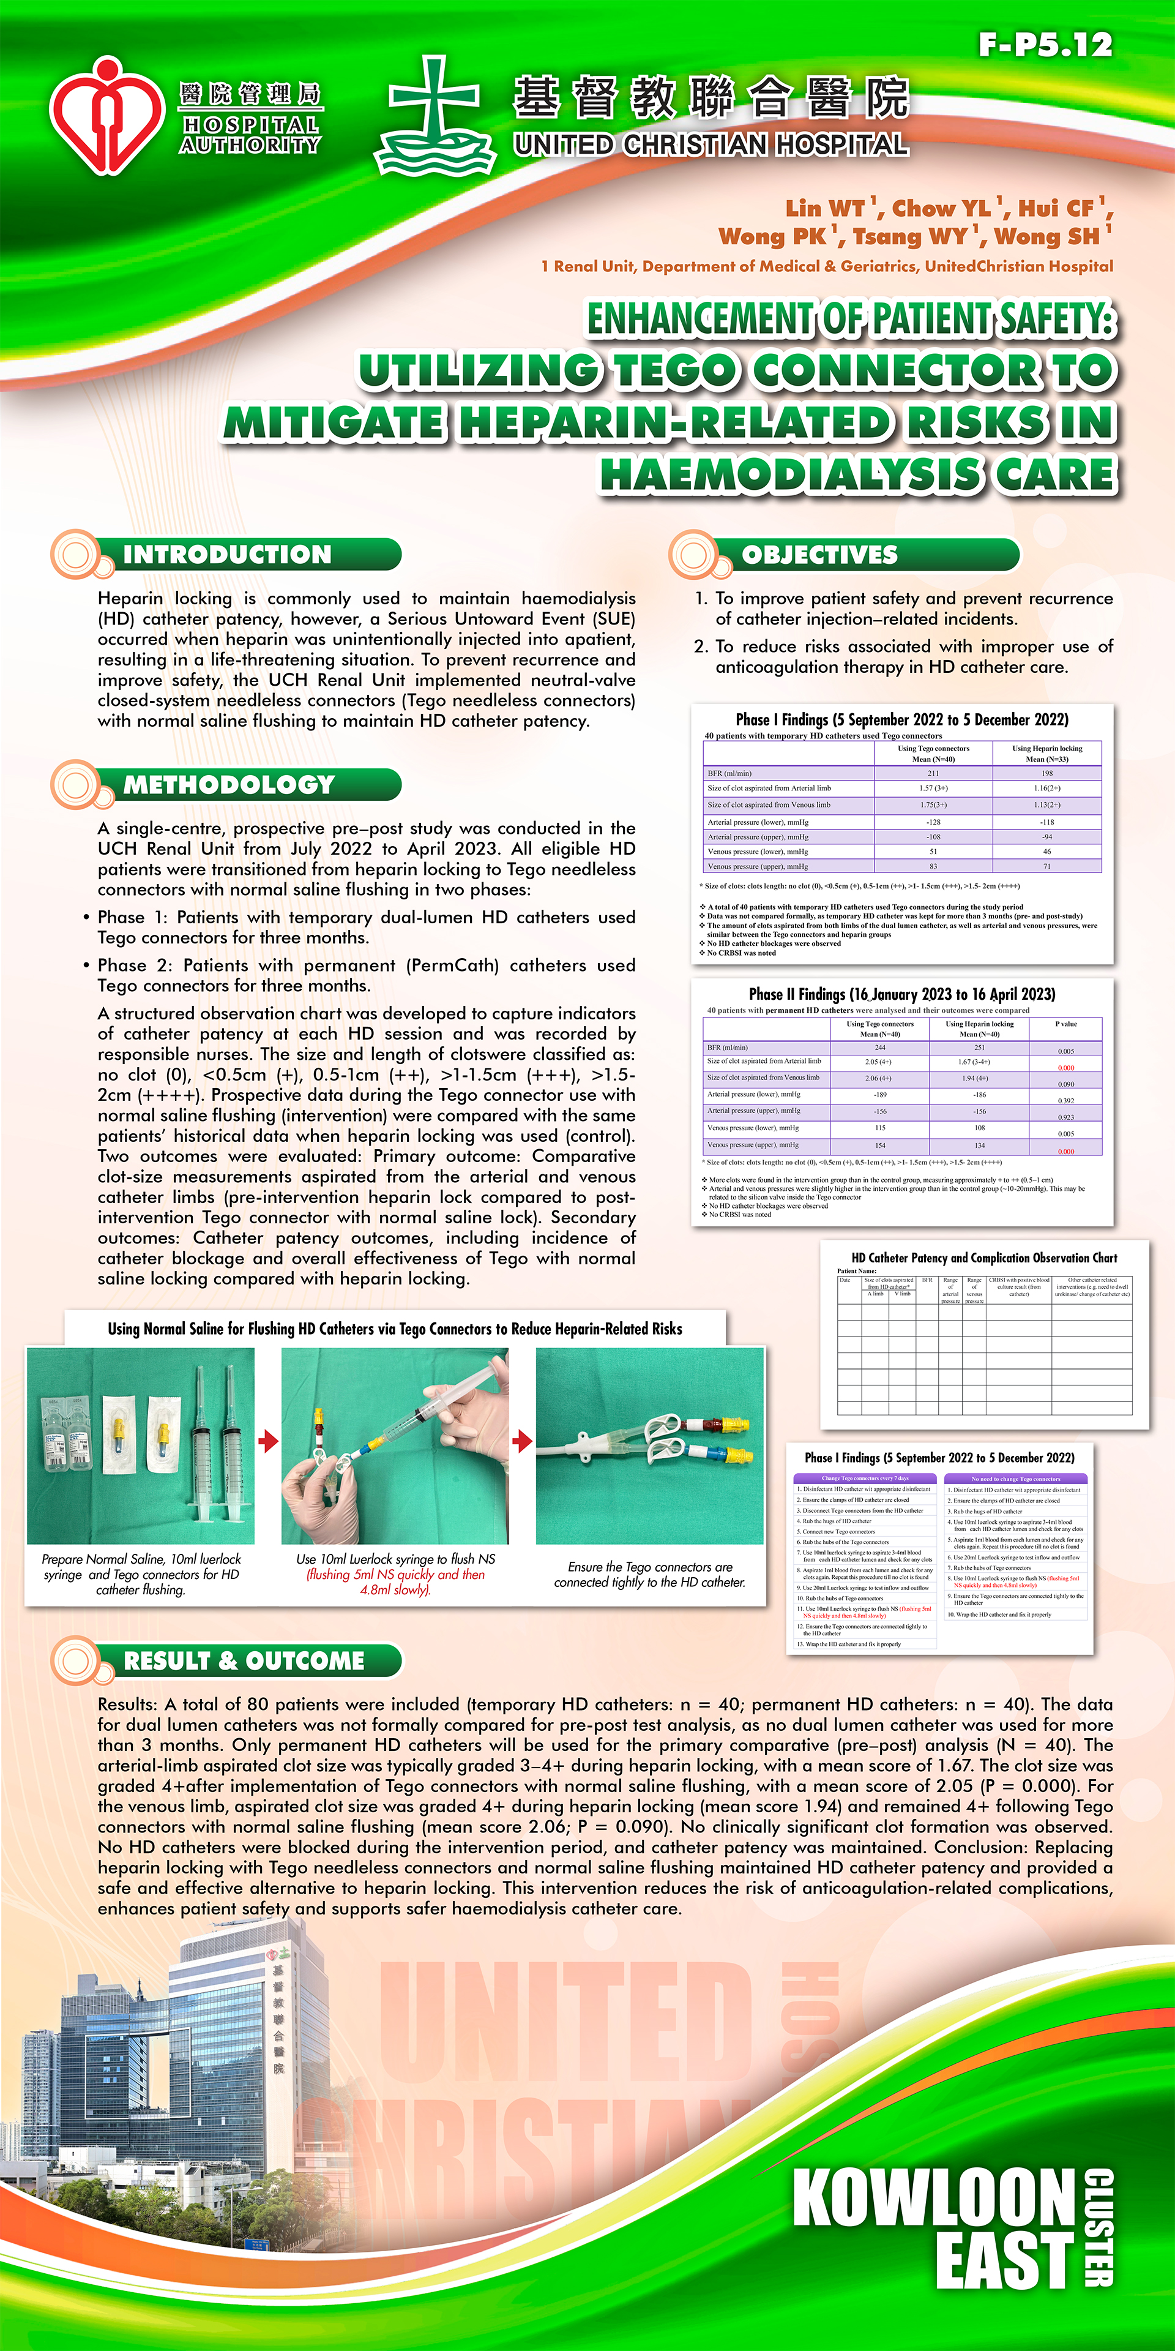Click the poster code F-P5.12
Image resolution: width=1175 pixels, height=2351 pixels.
coord(1045,45)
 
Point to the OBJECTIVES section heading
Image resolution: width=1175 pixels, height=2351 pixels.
coord(819,555)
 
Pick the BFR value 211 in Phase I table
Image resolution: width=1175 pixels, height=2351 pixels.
coord(932,773)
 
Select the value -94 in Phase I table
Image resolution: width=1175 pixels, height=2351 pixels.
coord(1046,836)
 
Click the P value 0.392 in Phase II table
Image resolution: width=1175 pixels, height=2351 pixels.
coord(1065,1101)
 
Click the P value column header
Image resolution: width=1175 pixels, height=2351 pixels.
coord(1065,1024)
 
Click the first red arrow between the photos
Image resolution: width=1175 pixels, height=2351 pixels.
coord(267,1441)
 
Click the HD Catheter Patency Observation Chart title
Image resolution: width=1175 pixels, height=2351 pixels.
coord(983,1258)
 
